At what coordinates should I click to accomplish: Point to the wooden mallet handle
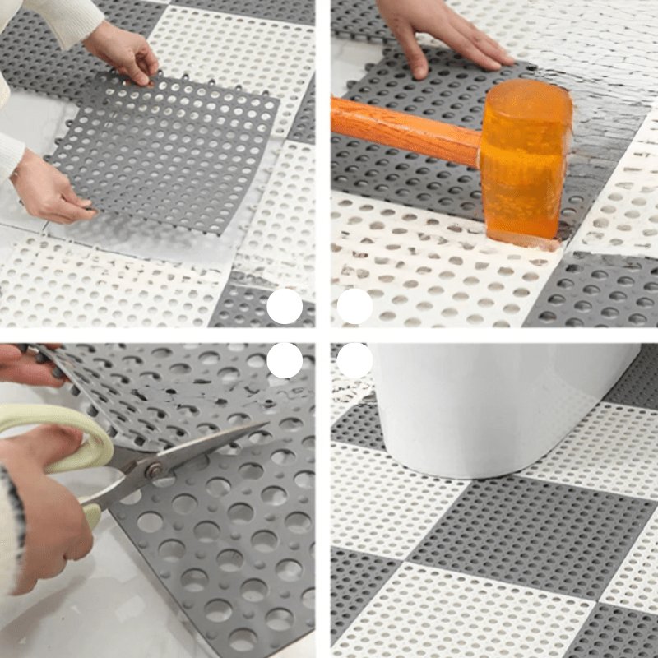point(403,127)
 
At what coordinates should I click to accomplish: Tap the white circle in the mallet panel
point(354,307)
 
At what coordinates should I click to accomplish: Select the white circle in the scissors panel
point(285,360)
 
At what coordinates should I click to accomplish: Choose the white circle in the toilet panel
point(354,360)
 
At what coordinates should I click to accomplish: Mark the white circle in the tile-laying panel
point(285,307)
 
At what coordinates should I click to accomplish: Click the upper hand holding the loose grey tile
point(123,53)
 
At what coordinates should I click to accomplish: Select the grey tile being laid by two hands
point(164,152)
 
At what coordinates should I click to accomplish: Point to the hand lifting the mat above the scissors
point(25,362)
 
